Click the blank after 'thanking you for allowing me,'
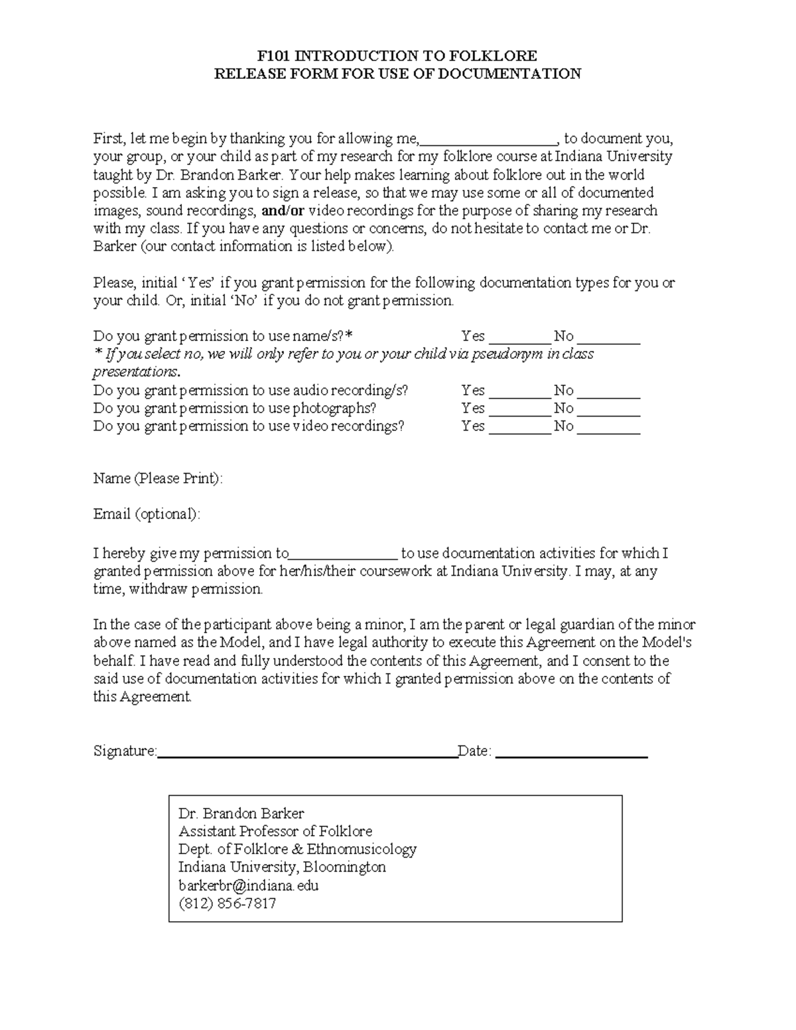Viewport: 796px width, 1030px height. click(490, 140)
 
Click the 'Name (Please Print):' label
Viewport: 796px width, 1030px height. click(158, 479)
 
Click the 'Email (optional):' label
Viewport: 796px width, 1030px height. click(146, 515)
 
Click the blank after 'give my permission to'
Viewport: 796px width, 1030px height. click(344, 554)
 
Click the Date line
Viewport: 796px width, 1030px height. click(571, 753)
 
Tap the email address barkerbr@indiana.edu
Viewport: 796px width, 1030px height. click(249, 885)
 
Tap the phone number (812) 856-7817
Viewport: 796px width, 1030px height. click(227, 903)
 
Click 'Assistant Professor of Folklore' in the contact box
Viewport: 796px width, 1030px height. click(275, 832)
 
